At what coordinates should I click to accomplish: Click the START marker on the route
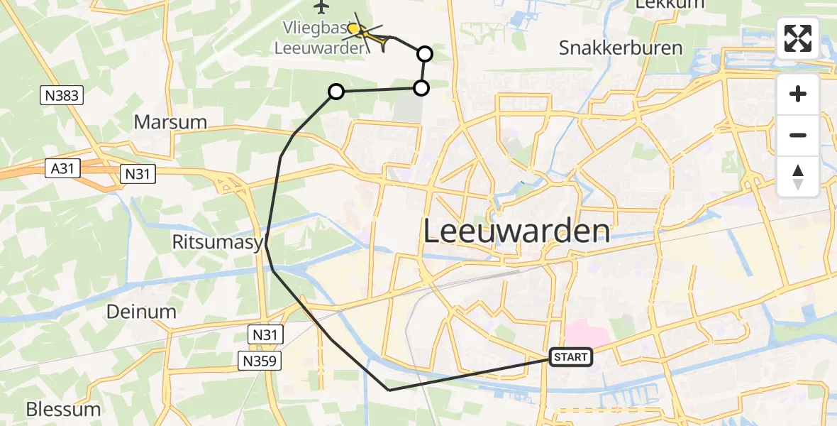[x=571, y=357]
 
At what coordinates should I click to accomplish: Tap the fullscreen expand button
[x=798, y=38]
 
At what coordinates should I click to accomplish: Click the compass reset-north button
[x=798, y=177]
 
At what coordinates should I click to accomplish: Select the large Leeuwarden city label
[x=516, y=231]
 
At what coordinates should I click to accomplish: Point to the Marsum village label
[x=170, y=122]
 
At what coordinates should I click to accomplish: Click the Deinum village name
[x=141, y=312]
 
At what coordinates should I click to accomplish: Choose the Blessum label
[x=63, y=410]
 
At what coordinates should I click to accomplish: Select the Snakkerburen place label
[x=621, y=48]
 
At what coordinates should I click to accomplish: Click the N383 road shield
[x=62, y=96]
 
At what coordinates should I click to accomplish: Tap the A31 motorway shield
[x=63, y=169]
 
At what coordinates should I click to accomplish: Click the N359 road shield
[x=260, y=361]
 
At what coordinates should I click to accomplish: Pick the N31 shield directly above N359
[x=266, y=333]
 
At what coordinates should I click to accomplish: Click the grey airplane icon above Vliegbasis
[x=322, y=7]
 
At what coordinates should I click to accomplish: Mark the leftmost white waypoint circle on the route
[x=336, y=92]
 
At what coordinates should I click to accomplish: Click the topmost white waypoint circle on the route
[x=424, y=53]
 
